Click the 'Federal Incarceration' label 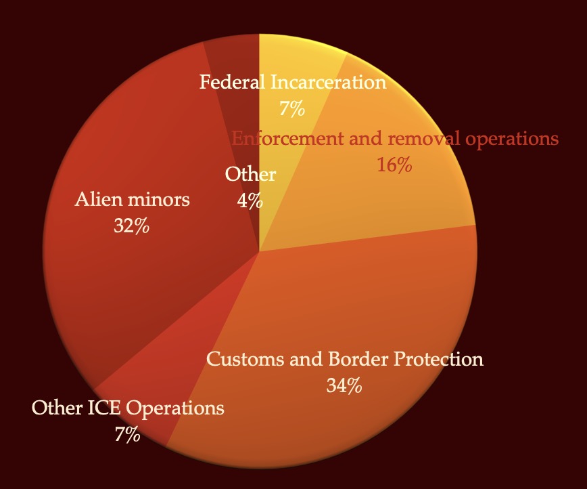[x=293, y=83]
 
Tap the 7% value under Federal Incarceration [x=292, y=108]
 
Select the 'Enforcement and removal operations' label [x=395, y=139]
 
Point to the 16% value [x=394, y=165]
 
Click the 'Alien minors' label [x=133, y=200]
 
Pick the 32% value [x=131, y=226]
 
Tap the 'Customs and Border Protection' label [x=345, y=359]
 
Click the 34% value [x=344, y=385]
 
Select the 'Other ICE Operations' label [x=128, y=408]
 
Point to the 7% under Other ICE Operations [x=127, y=434]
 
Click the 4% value [x=250, y=200]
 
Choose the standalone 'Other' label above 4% [x=250, y=175]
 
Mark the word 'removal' [x=415, y=139]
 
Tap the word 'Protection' [x=446, y=359]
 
